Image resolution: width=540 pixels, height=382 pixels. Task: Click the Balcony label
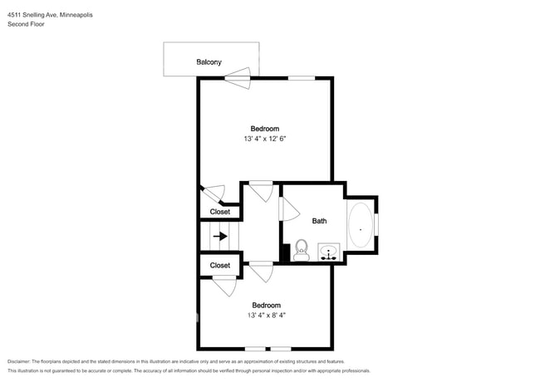209,62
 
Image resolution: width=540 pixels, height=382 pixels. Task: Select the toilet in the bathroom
301,250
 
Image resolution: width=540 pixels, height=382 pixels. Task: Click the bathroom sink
329,252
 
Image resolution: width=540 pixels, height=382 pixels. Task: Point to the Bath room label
319,221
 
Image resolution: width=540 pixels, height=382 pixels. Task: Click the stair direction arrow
219,236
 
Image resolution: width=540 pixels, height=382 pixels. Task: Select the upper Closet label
219,212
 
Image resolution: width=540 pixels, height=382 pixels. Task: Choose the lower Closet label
219,266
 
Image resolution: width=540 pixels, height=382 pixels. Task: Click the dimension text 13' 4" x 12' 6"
265,139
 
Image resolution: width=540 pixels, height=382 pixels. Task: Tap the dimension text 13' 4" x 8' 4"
265,316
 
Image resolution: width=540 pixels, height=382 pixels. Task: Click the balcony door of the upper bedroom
237,81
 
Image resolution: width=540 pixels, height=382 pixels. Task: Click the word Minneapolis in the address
70,14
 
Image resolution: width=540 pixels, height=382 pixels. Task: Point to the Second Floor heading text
26,25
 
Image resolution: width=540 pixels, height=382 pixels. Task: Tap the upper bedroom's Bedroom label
265,128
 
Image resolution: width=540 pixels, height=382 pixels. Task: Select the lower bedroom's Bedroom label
265,305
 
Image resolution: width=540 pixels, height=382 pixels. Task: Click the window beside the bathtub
376,224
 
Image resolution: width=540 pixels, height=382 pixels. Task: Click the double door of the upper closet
215,196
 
